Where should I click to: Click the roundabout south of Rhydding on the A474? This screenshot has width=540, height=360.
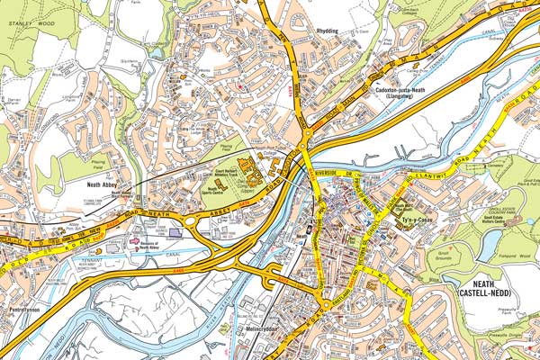tap(308, 134)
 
